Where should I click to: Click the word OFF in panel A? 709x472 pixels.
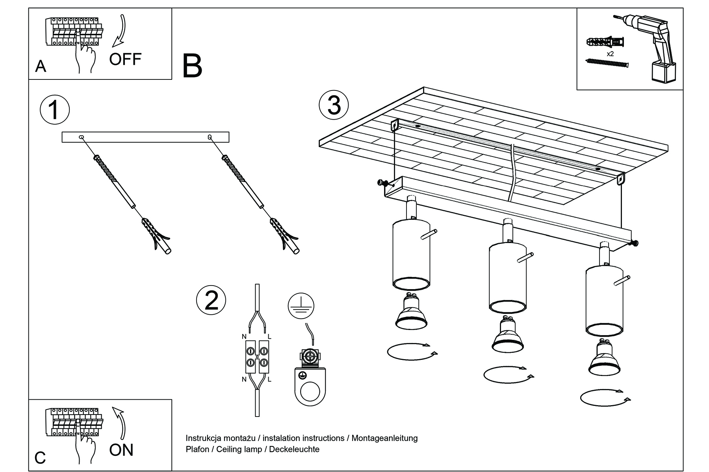[125, 59]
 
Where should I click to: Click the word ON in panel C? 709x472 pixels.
[121, 450]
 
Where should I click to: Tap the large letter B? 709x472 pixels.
[192, 66]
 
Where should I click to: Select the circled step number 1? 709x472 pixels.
[55, 110]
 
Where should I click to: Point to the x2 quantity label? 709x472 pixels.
[610, 54]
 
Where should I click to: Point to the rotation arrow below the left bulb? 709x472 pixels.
[412, 351]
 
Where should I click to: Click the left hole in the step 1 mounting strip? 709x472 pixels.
[81, 137]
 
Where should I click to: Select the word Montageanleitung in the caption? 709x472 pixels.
[384, 438]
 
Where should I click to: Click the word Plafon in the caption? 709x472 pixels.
[197, 449]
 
